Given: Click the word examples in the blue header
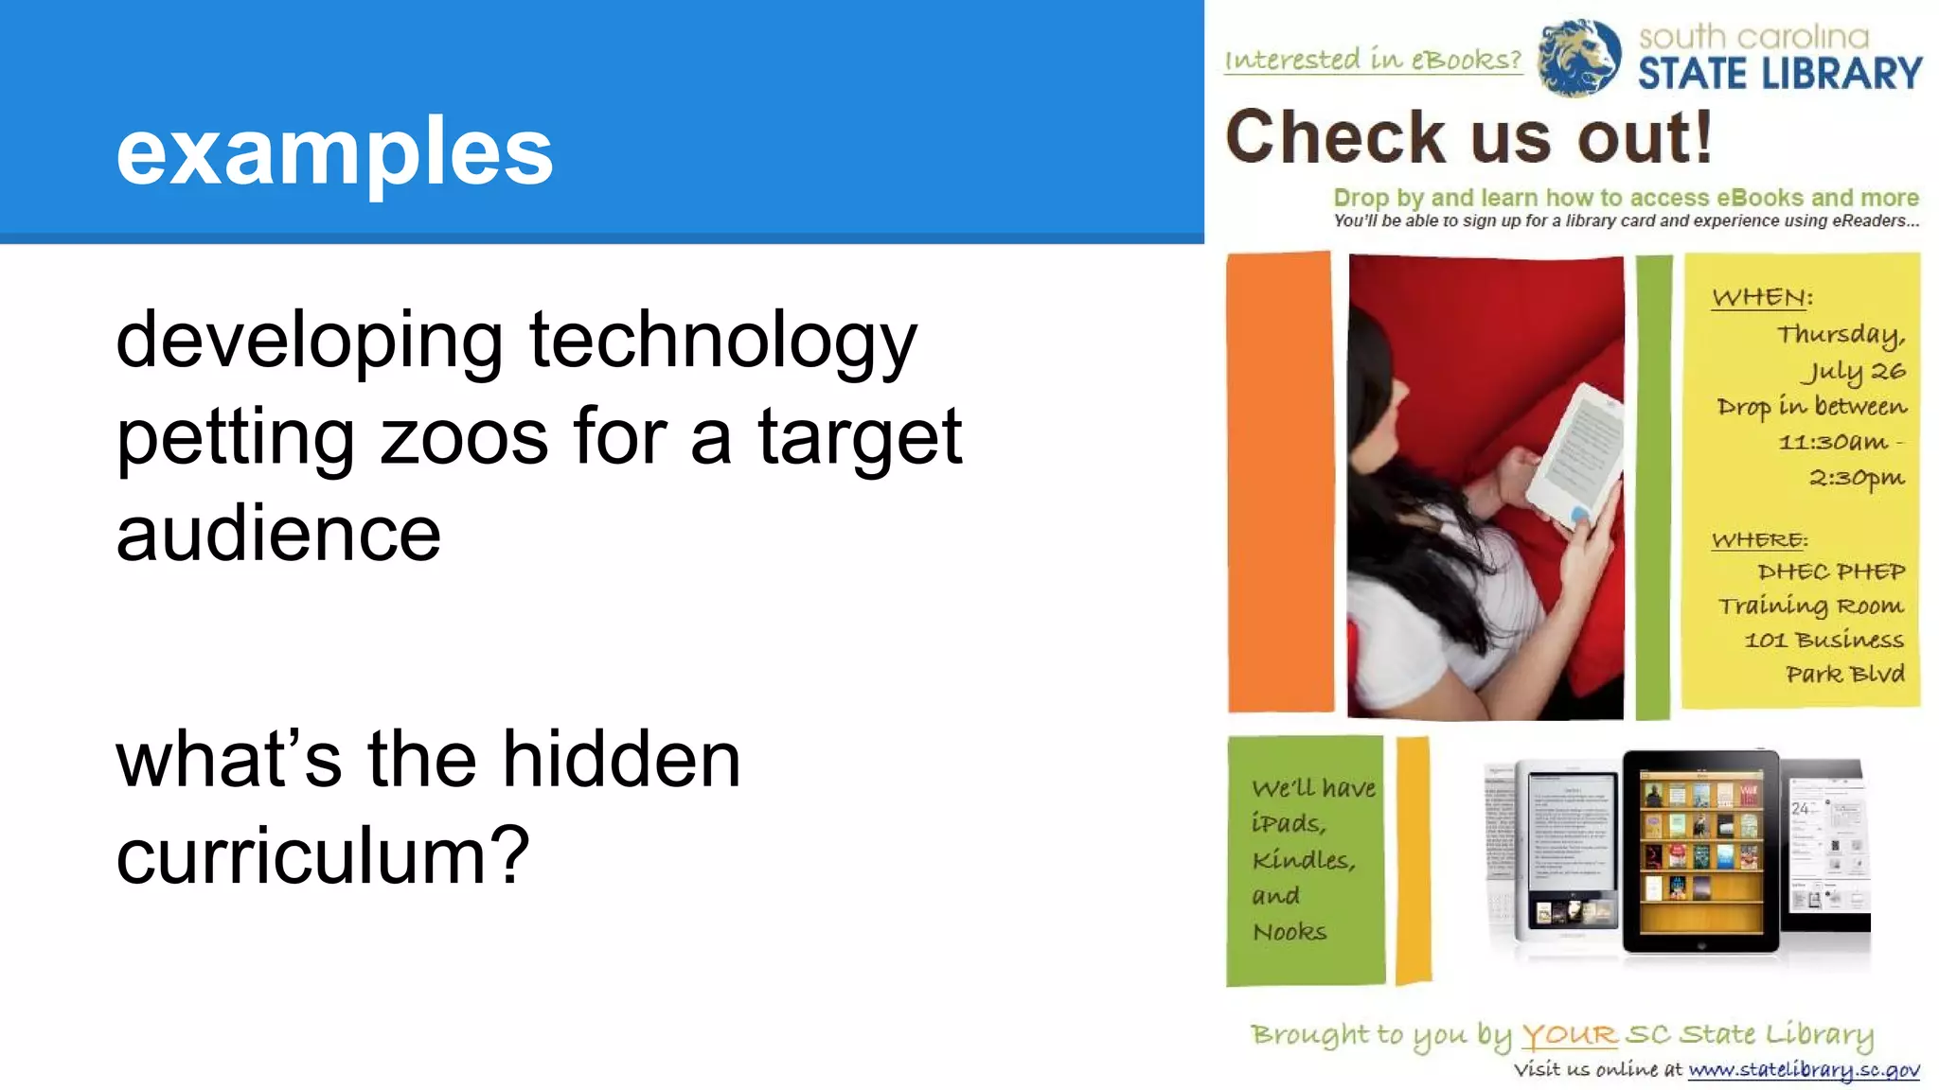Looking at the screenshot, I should coord(334,151).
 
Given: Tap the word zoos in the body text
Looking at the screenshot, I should coord(464,437).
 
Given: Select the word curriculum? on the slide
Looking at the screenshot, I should coord(322,855).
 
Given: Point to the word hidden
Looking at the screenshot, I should coord(620,759).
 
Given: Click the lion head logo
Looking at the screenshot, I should coord(1578,57).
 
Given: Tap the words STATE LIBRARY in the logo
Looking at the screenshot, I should coord(1780,74).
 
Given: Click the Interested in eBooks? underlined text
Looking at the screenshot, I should coord(1373,60).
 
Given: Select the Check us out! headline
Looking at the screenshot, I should coord(1469,137).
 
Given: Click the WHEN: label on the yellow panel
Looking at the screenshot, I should coord(1762,297).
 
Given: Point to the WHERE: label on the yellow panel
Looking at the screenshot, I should coord(1759,540).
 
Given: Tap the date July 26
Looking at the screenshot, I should coord(1853,371).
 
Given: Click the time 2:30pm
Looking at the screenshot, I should coord(1857,478).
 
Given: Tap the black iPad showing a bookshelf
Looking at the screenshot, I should coord(1700,851).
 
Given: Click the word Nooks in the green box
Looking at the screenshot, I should coord(1290,932).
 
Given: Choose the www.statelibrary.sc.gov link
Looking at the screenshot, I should coord(1804,1070).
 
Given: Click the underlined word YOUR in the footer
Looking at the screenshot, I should coord(1569,1035).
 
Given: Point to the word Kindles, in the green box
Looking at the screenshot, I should coord(1304,860).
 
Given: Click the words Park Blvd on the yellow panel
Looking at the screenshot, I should coord(1845,674).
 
